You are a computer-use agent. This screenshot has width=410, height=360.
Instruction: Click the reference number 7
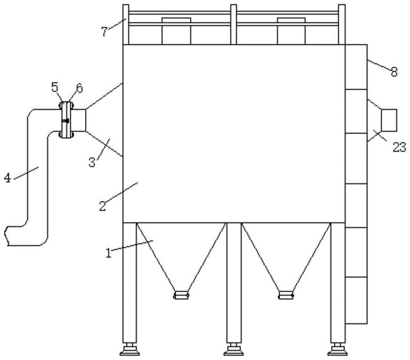click(x=105, y=32)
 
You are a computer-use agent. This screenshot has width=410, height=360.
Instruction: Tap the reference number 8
click(x=394, y=72)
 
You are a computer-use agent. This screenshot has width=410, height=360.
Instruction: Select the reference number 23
click(x=399, y=147)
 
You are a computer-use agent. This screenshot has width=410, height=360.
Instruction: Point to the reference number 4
click(x=7, y=178)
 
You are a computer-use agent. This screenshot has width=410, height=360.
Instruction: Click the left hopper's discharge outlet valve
click(x=181, y=295)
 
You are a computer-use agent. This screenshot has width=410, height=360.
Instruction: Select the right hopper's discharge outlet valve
click(x=286, y=295)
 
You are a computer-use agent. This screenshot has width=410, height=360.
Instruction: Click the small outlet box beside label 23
click(x=389, y=121)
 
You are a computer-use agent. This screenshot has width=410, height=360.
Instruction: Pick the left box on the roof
click(x=176, y=31)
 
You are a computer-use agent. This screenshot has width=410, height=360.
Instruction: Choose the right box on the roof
click(x=291, y=31)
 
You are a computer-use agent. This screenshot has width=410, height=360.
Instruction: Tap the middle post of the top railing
click(x=234, y=25)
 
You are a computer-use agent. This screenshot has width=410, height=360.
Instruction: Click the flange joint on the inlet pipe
click(x=66, y=120)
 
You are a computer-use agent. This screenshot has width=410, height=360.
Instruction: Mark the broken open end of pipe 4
click(x=7, y=236)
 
